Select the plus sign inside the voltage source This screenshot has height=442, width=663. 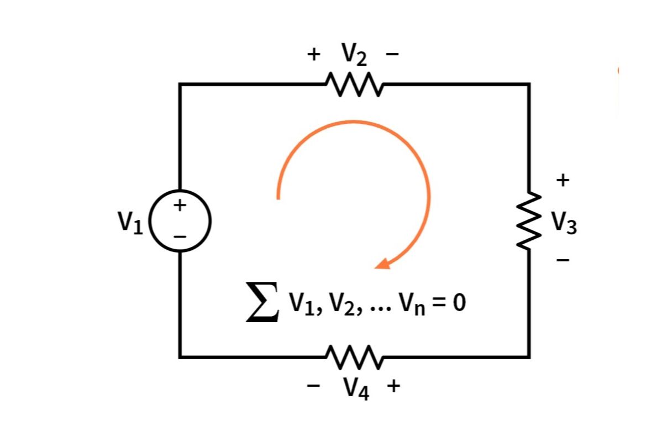[x=180, y=206]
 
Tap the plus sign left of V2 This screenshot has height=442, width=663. [x=314, y=54]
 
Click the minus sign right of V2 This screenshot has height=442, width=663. [x=392, y=54]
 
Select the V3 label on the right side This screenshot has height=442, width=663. [x=564, y=223]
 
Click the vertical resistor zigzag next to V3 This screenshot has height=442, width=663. [x=529, y=220]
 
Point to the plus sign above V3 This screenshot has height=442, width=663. [x=562, y=180]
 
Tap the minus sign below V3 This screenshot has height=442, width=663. [x=562, y=260]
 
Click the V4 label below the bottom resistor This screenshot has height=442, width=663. [x=356, y=388]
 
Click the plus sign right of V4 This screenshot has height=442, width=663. [x=393, y=386]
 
